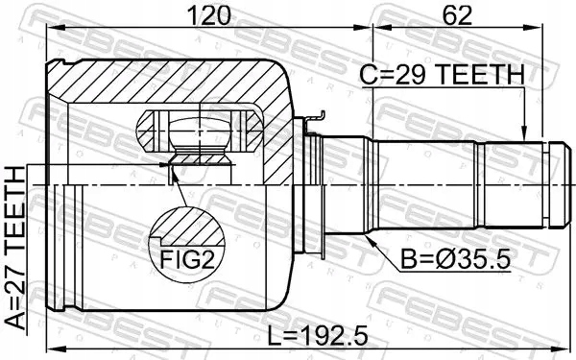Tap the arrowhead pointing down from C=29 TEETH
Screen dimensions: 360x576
(x=526, y=134)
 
